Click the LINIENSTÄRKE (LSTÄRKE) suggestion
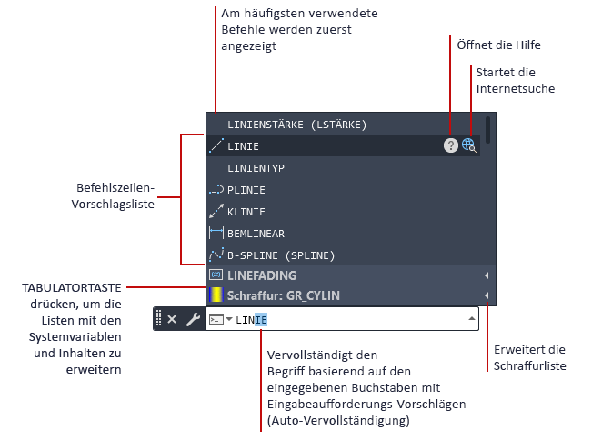pos(296,125)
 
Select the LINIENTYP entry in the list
pos(256,168)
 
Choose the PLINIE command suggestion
pos(246,190)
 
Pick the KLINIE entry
pos(246,212)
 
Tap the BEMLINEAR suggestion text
pos(256,234)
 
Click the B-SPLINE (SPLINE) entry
pos(281,255)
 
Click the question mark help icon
pos(451,145)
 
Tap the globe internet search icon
pos(468,145)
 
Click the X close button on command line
pos(172,319)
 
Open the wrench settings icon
pos(193,319)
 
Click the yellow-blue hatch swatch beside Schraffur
pos(216,295)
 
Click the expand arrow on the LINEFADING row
pos(487,275)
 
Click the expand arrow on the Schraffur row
pos(487,295)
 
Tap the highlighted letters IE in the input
pos(261,320)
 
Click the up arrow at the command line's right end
pos(472,319)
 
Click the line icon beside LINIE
pos(216,145)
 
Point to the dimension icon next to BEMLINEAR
pos(216,233)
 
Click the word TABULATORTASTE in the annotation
pos(72,288)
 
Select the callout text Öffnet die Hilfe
pos(498,45)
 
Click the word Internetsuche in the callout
pos(516,89)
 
